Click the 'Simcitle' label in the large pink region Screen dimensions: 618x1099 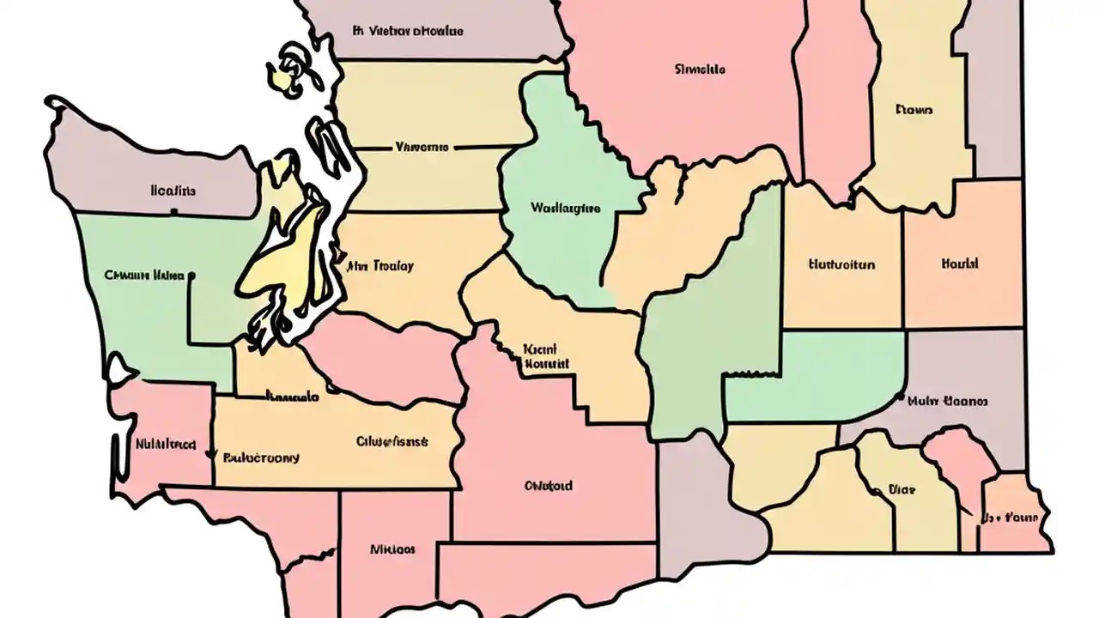point(700,69)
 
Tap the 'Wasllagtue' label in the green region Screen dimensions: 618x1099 point(565,208)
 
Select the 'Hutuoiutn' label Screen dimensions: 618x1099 point(841,264)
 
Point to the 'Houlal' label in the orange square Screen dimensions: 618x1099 point(960,264)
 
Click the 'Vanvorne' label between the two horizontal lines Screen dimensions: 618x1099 point(421,147)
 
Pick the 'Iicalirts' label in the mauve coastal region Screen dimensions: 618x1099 point(173,191)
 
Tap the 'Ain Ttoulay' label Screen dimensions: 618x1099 point(379,266)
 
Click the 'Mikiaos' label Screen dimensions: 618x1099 point(392,548)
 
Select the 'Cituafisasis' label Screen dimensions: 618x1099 point(392,442)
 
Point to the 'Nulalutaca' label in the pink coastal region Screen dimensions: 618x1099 point(165,445)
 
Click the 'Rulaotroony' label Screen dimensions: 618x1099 point(261,457)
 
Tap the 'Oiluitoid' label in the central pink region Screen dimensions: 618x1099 point(548,486)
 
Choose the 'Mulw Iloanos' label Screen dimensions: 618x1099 point(948,401)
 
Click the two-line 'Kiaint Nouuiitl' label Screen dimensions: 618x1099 point(546,356)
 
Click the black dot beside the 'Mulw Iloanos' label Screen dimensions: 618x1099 point(900,398)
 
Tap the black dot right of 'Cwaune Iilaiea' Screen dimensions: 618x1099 point(191,276)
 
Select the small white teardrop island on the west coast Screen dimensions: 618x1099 point(119,369)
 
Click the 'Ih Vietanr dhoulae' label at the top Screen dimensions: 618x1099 point(408,31)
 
